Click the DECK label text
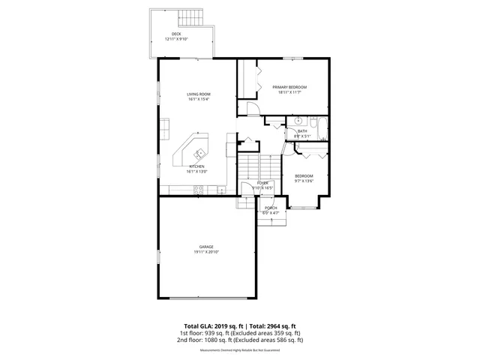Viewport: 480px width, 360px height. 176,34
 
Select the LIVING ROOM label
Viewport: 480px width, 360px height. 199,94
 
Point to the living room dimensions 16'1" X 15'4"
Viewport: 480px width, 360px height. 199,99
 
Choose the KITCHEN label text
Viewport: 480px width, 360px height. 196,166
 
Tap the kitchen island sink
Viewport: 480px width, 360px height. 199,154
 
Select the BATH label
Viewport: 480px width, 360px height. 302,131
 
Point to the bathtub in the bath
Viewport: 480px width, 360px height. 319,129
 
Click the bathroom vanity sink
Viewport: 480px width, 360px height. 297,120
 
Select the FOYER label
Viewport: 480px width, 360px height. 262,182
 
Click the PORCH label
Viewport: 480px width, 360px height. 271,208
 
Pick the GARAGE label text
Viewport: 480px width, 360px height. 206,247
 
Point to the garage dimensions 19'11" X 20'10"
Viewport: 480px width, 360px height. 206,252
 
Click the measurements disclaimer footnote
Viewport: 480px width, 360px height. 240,350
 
